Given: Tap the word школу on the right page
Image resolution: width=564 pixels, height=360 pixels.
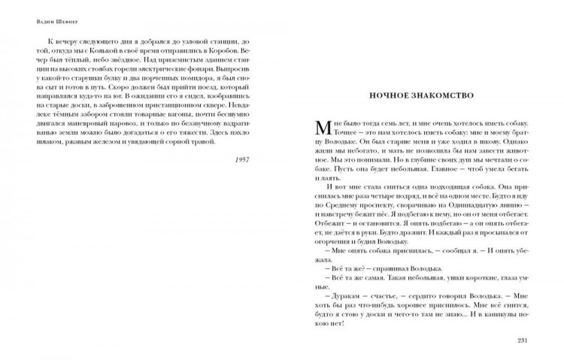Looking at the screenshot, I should [x=494, y=141].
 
